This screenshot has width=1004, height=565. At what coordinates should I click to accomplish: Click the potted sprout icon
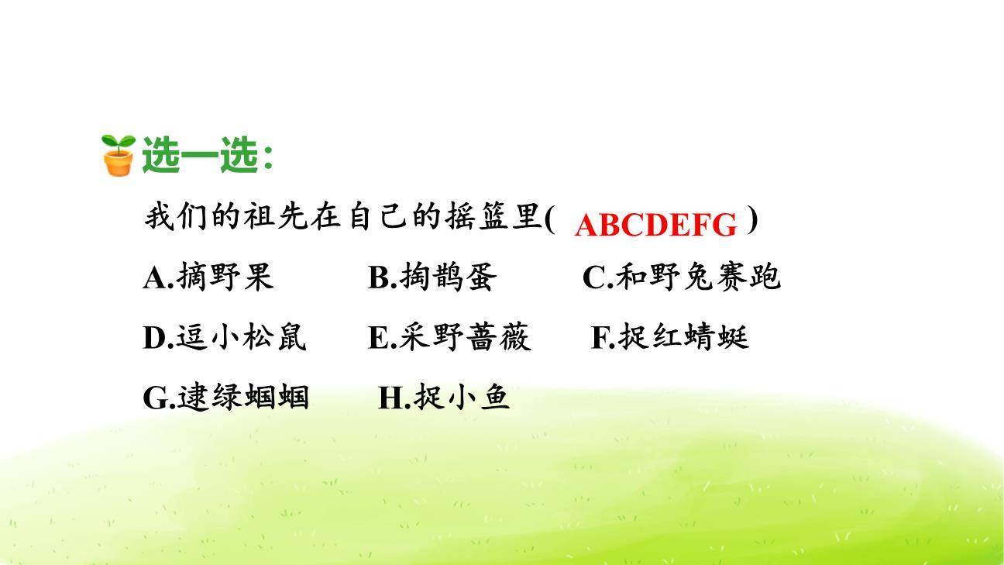click(x=119, y=155)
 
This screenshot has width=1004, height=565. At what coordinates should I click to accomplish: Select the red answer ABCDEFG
click(x=655, y=225)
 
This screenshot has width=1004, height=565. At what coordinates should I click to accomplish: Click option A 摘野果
click(x=208, y=277)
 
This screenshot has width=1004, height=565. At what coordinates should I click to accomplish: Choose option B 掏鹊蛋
click(x=432, y=277)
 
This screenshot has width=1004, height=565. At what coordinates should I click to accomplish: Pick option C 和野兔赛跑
click(x=681, y=277)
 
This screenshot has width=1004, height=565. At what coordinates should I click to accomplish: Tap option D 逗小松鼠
click(x=225, y=338)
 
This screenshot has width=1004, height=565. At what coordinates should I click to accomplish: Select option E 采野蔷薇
click(x=449, y=338)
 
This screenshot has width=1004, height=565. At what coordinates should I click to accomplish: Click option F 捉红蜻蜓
click(x=670, y=338)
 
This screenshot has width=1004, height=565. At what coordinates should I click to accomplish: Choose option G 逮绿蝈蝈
click(x=225, y=398)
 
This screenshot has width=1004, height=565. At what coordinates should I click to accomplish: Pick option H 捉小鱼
click(x=444, y=398)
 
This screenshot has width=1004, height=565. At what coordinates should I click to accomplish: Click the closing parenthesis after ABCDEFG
click(x=752, y=221)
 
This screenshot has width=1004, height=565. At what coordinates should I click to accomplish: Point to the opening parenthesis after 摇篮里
click(x=549, y=219)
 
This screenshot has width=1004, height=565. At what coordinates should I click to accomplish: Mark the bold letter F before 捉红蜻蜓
click(x=600, y=339)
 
